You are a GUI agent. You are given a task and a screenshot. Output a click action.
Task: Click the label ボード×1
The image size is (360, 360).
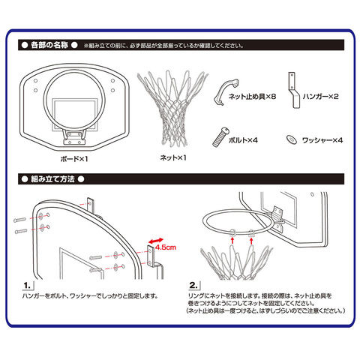pos(74,159)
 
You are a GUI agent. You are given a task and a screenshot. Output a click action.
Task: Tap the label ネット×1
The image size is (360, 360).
pos(173,157)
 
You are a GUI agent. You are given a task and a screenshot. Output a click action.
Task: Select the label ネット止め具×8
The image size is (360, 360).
pos(252,97)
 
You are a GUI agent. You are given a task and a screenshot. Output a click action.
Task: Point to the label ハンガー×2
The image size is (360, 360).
pos(320,97)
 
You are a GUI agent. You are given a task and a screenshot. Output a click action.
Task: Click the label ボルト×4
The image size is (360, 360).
pos(243,140)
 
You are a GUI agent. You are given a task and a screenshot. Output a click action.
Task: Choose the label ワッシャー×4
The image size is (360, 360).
pos(322,140)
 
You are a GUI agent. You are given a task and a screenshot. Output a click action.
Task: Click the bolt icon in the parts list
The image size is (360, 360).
pos(220,137)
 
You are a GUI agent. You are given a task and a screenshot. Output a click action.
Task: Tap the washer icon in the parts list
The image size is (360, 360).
pos(292,139)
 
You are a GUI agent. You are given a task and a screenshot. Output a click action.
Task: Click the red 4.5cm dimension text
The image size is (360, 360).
pos(166,247)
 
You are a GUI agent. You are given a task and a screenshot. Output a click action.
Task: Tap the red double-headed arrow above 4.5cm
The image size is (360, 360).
pos(155,241)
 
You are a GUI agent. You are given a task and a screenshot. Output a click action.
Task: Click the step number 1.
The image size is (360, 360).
pos(27,286)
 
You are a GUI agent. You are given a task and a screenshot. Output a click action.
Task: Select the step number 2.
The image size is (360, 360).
pos(193,285)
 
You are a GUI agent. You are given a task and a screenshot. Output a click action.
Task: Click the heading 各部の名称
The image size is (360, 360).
pos(49,45)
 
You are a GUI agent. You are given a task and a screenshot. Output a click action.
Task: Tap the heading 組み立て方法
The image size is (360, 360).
pos(52,179)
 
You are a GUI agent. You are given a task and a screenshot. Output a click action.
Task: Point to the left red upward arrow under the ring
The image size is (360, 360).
pos(232,241)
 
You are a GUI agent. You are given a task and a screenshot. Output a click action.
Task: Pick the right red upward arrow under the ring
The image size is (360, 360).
pos(251,241)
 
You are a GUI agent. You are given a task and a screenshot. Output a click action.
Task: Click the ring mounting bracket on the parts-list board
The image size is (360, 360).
pos(74,137)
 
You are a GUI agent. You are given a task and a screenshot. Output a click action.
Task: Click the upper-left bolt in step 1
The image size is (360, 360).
pos(20,220)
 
